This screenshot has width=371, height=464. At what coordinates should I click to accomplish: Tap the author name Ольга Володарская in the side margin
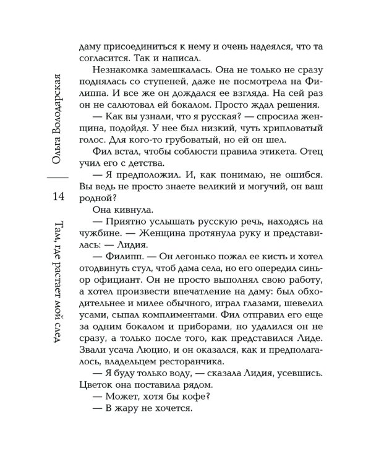(x=58, y=117)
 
